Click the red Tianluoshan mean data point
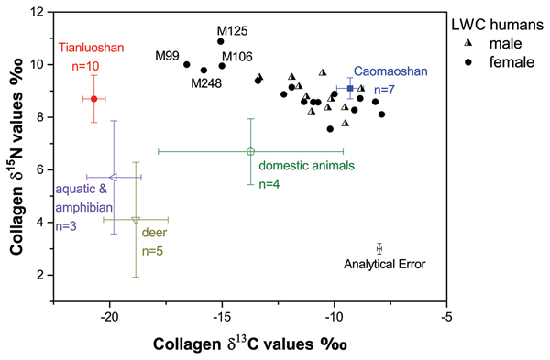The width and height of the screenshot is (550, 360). point(93,98)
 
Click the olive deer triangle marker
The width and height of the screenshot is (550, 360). point(136,220)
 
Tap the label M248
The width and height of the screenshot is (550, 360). point(206,83)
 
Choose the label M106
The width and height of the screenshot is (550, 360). point(236,57)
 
